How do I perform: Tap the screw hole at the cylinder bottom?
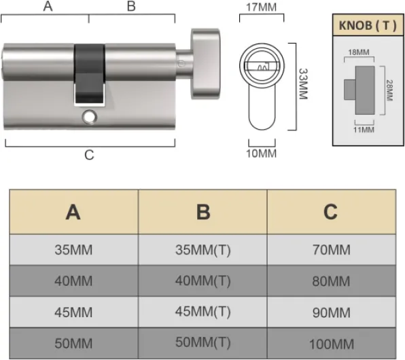88,118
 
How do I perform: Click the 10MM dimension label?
260,154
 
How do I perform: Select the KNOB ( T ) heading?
366,26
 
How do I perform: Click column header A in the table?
73,212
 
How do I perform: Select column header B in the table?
202,212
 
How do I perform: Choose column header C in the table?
331,212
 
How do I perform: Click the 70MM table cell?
331,249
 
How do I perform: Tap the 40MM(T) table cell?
202,281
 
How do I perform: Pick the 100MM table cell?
331,343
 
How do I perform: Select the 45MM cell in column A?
73,312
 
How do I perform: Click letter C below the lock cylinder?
89,156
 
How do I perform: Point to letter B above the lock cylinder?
132,7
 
